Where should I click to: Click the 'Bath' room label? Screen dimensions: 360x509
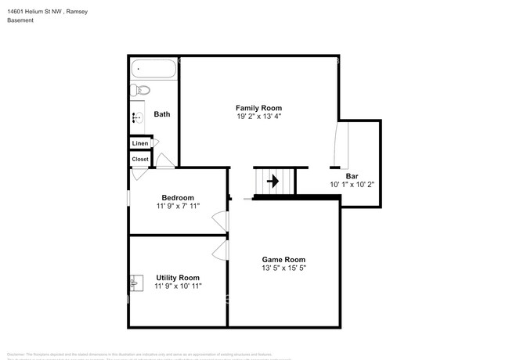click(162, 114)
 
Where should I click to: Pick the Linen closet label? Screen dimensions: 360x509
click(140, 143)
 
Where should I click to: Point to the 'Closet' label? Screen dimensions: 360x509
click(140, 159)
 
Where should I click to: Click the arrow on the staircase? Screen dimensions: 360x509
click(273, 182)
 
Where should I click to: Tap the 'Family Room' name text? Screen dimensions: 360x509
click(258, 107)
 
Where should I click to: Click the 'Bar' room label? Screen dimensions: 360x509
click(362, 176)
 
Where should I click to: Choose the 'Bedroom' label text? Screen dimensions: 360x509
click(178, 197)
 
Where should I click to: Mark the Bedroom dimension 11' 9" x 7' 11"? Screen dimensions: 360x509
click(178, 207)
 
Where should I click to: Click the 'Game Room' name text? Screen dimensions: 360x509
click(283, 259)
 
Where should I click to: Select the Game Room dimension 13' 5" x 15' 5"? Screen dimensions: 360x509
click(283, 268)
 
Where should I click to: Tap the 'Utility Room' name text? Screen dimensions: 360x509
click(178, 277)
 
